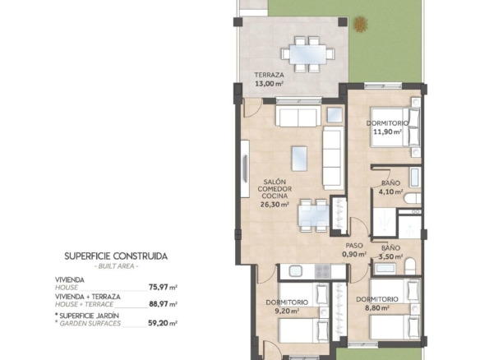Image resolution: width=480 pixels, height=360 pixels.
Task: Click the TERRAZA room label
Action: pyautogui.click(x=269, y=75)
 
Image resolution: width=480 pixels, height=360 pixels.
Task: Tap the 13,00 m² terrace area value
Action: pyautogui.click(x=269, y=83)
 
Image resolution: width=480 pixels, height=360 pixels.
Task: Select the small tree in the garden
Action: pyautogui.click(x=361, y=24)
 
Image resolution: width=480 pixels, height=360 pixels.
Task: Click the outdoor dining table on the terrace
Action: pyautogui.click(x=308, y=54)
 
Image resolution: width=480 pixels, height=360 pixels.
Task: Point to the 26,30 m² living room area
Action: pyautogui.click(x=275, y=205)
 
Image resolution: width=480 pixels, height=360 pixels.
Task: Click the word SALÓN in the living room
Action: pyautogui.click(x=275, y=182)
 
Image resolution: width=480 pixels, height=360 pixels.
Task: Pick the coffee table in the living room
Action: pyautogui.click(x=299, y=159)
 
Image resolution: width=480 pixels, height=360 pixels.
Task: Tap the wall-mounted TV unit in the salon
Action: pyautogui.click(x=245, y=168)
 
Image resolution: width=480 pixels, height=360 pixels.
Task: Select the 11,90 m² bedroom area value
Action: pyautogui.click(x=388, y=132)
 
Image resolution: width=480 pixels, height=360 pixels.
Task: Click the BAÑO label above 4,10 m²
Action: pyautogui.click(x=391, y=183)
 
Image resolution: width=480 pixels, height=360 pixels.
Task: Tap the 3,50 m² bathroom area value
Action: pyautogui.click(x=391, y=256)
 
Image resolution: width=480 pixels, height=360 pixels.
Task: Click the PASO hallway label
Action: pyautogui.click(x=354, y=246)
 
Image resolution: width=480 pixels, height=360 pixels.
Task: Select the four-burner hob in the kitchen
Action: pyautogui.click(x=323, y=271)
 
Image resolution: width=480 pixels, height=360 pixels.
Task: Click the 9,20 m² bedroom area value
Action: pyautogui.click(x=287, y=311)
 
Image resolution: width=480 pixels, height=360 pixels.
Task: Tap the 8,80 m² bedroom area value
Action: pyautogui.click(x=377, y=308)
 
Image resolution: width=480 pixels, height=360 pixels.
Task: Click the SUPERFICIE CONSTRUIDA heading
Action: pyautogui.click(x=116, y=256)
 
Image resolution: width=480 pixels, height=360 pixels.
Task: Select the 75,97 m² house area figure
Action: pyautogui.click(x=164, y=287)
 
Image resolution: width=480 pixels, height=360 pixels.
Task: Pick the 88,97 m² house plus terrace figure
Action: pyautogui.click(x=164, y=304)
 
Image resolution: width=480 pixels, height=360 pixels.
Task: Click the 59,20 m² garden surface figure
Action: pyautogui.click(x=163, y=323)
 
